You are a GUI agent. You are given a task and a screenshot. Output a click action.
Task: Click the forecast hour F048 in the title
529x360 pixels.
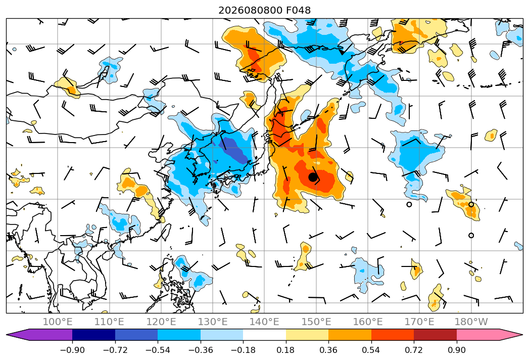298,10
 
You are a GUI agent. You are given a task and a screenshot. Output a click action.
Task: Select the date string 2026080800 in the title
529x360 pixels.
250,10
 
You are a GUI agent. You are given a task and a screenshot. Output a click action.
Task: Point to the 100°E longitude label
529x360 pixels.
58,322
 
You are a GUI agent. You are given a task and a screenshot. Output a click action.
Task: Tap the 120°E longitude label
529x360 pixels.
161,322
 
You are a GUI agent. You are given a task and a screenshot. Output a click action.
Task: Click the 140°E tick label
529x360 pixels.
264,322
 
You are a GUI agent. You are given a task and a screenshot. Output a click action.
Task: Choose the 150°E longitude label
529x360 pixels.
316,322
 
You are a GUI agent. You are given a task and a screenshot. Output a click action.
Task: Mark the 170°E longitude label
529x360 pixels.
419,322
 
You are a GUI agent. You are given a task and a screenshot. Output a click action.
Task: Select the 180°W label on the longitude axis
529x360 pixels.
471,322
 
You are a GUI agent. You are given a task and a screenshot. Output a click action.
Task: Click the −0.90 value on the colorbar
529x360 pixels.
72,350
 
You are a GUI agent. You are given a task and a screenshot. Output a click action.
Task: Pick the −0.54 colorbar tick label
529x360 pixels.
158,350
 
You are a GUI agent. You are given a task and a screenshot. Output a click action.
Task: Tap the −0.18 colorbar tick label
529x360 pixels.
243,350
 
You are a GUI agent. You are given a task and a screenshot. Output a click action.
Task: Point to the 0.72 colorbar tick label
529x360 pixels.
414,350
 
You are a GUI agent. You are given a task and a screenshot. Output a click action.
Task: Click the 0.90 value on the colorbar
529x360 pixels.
456,350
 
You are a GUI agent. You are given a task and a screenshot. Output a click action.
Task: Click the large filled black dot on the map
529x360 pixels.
313,177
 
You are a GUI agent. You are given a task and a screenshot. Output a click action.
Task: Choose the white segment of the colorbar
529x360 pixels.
265,335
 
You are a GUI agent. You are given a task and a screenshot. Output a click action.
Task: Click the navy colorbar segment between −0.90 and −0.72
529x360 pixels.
93,335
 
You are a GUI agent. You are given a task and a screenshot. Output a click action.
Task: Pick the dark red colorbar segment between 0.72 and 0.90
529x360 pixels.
435,335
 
